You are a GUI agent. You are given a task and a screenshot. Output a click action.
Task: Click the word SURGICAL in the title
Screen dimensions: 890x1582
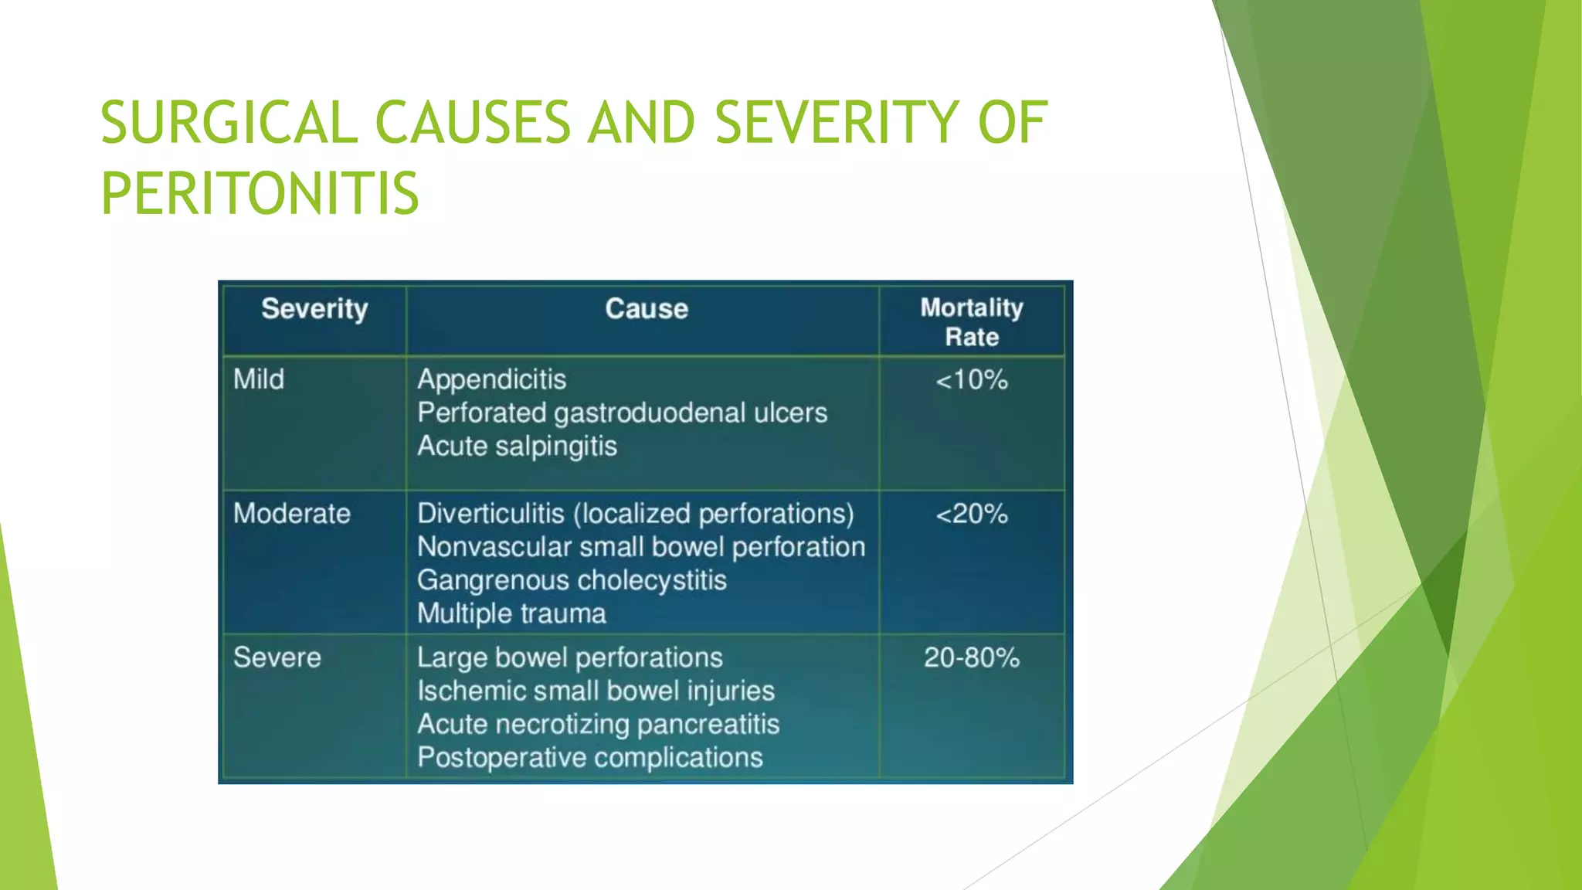(x=229, y=123)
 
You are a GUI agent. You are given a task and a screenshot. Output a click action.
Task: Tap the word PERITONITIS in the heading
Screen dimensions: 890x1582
(x=260, y=193)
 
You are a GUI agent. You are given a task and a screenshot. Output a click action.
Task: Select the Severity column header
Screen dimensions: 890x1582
(x=314, y=309)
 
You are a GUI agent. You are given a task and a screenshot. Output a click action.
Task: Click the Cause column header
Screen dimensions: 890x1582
(x=647, y=309)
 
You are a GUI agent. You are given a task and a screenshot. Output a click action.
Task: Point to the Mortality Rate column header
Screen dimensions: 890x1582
(x=972, y=322)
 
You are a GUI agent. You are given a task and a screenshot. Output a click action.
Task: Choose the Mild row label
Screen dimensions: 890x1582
(x=259, y=379)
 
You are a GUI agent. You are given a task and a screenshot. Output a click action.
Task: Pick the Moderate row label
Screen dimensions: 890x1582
(x=292, y=514)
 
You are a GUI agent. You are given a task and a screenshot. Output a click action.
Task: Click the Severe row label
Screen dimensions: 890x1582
(x=277, y=657)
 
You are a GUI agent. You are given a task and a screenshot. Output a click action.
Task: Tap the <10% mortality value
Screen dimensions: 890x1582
(x=972, y=380)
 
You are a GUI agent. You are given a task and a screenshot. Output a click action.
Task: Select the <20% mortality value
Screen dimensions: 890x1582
(x=972, y=514)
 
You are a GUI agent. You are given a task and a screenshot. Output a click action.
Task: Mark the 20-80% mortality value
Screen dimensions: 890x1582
(x=972, y=657)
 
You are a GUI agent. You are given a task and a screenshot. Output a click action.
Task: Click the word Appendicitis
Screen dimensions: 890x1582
(x=492, y=379)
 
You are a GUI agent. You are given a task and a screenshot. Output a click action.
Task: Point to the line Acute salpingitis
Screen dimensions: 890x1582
(x=518, y=447)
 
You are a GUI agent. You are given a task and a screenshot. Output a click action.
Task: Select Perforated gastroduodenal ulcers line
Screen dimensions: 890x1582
(x=622, y=413)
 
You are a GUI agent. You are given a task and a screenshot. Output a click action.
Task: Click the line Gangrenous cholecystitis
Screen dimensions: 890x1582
(x=572, y=580)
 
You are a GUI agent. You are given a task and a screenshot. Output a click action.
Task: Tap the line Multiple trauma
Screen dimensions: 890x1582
(x=511, y=613)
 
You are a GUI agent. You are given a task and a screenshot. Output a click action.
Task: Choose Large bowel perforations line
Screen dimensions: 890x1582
(x=570, y=657)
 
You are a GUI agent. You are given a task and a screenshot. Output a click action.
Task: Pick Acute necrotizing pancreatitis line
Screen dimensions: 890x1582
(x=599, y=725)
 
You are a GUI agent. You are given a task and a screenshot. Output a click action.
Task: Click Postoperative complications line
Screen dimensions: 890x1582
(x=590, y=758)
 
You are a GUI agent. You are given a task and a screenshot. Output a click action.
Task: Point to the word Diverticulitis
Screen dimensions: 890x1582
(x=491, y=514)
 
